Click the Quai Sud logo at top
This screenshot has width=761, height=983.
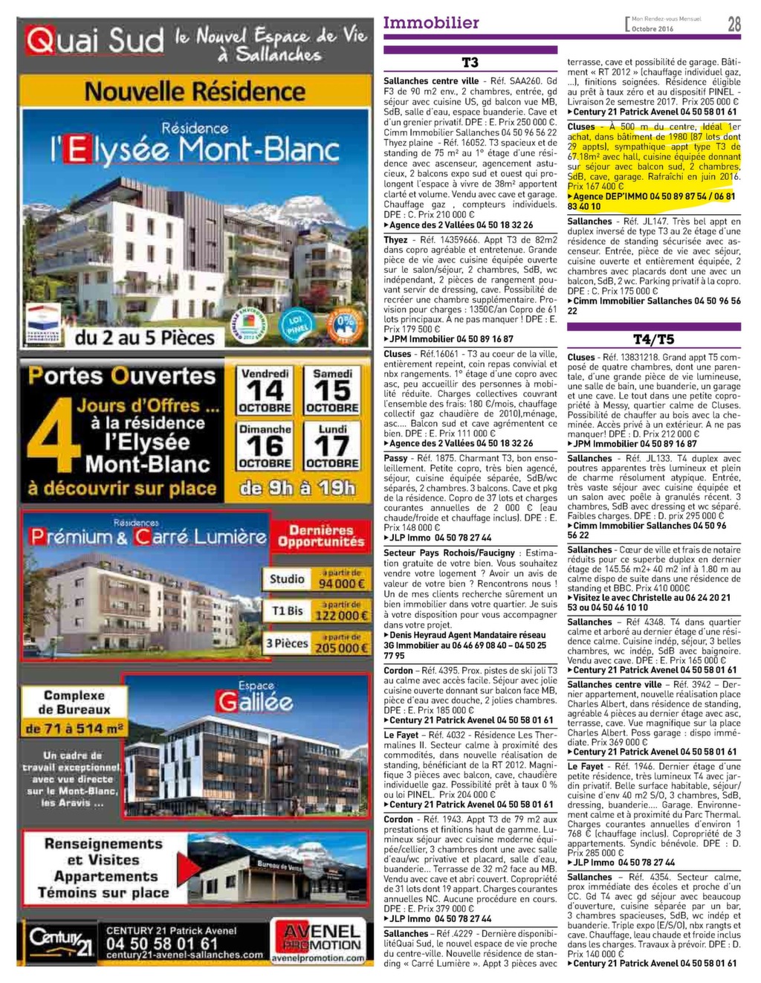tap(94, 41)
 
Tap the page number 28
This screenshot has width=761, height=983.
tap(734, 25)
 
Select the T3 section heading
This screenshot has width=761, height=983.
tap(470, 62)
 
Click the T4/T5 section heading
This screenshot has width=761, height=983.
tap(653, 339)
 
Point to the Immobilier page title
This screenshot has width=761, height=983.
tap(431, 23)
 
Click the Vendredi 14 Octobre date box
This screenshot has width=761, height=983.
tap(265, 390)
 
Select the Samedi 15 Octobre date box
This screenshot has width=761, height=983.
tap(332, 390)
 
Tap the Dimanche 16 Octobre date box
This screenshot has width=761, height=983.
tap(265, 445)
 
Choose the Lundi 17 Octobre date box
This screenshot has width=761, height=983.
tap(332, 445)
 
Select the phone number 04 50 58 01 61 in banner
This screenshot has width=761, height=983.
tap(162, 943)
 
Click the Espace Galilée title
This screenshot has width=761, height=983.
tap(255, 698)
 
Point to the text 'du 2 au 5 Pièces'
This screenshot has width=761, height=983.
tap(144, 338)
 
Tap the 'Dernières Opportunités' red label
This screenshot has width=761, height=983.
tap(321, 535)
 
